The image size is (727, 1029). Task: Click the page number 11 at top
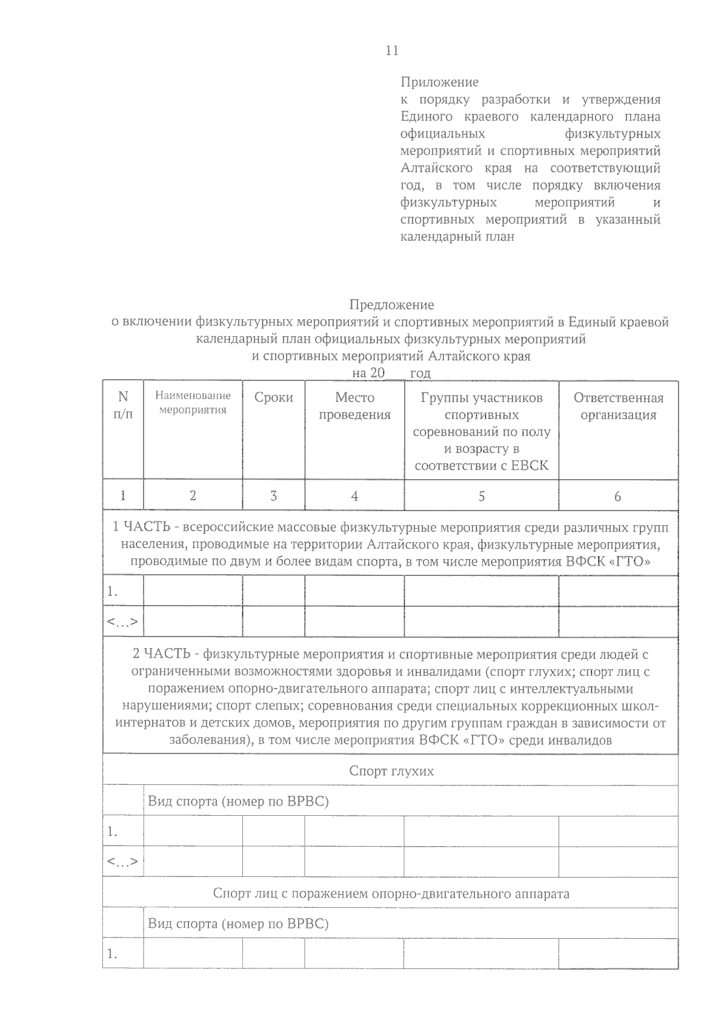392,51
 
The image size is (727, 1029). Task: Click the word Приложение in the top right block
439,82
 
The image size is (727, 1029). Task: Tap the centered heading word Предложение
391,305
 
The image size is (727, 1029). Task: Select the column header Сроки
273,398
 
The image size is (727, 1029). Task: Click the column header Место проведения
354,406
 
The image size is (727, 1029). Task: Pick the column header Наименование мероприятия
193,403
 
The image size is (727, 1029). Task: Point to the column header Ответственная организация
618,406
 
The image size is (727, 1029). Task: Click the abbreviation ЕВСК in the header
529,466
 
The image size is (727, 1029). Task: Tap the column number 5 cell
481,496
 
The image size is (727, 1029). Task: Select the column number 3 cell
273,496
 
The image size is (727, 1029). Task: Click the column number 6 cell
617,497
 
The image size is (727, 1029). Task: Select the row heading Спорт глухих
391,771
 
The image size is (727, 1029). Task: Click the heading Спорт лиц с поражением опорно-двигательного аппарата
391,893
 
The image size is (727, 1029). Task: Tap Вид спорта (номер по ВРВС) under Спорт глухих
238,801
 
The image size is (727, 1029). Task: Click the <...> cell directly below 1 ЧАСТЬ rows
122,621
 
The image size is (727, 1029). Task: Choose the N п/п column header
123,406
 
